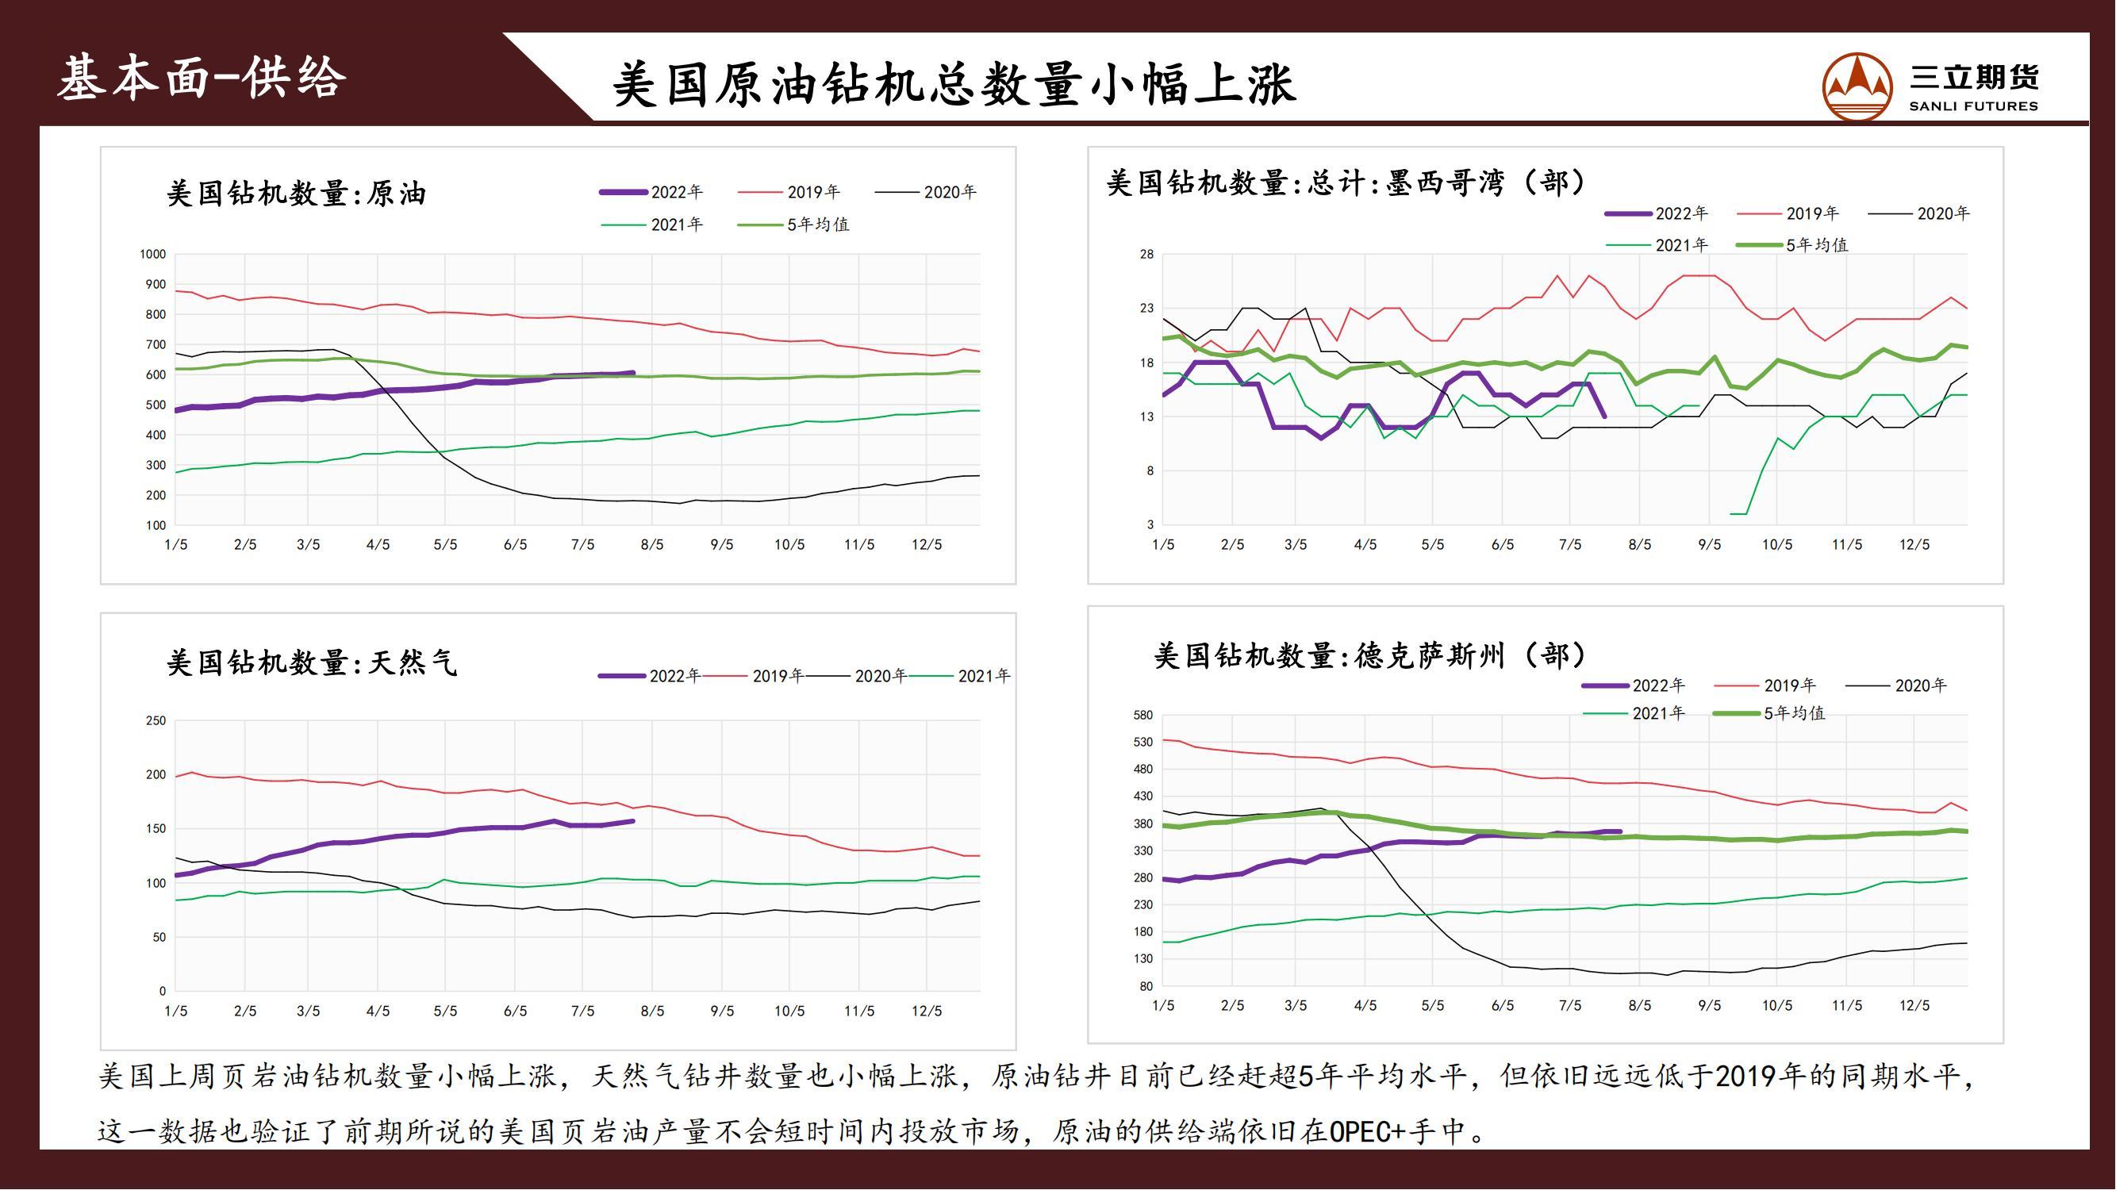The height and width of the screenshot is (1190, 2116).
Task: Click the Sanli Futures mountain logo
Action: (1857, 87)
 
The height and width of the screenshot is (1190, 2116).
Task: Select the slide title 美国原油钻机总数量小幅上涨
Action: (954, 85)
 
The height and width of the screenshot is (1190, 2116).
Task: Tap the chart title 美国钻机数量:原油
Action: (296, 194)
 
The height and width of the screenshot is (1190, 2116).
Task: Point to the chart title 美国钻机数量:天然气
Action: (311, 662)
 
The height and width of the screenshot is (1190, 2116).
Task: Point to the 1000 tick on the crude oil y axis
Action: (153, 255)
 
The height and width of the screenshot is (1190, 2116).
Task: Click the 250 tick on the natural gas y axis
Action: (156, 721)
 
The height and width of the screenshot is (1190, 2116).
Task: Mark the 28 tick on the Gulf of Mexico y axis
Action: (1146, 255)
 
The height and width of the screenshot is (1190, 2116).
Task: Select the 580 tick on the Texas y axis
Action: (1142, 716)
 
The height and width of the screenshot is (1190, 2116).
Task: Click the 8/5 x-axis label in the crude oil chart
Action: (652, 544)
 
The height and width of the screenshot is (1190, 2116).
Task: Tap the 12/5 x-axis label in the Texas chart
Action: (1914, 1005)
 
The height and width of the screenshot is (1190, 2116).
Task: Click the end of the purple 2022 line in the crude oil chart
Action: (632, 373)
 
